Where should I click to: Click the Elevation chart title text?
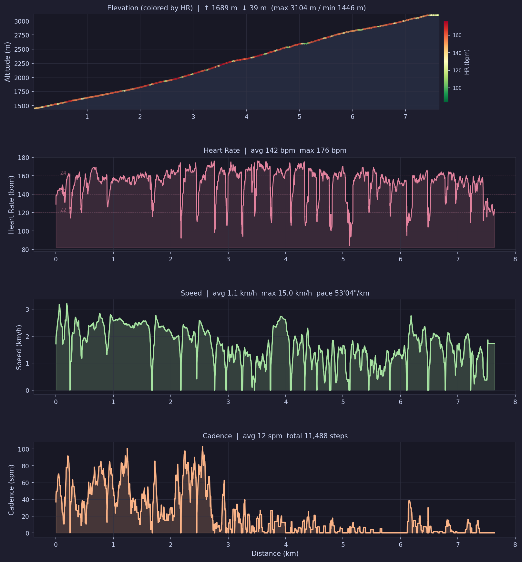(x=236, y=8)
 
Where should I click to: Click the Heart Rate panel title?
(x=275, y=151)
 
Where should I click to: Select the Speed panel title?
(x=275, y=293)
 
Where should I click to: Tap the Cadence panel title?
(x=275, y=436)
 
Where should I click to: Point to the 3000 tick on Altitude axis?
(x=22, y=21)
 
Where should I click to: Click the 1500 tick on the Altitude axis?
(x=22, y=106)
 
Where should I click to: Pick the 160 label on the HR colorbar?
(x=457, y=36)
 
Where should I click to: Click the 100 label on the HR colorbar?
(x=457, y=88)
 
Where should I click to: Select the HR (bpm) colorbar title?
(x=467, y=62)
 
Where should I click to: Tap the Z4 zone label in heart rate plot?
(x=63, y=173)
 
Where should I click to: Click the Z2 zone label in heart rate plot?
(x=63, y=210)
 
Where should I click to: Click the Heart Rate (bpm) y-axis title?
(x=11, y=204)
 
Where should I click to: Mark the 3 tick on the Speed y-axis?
(x=27, y=309)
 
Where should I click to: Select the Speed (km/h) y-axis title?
(x=19, y=347)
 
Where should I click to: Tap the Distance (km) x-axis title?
(x=275, y=554)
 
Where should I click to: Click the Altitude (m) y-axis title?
(x=7, y=62)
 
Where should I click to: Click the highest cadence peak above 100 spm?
(x=202, y=447)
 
